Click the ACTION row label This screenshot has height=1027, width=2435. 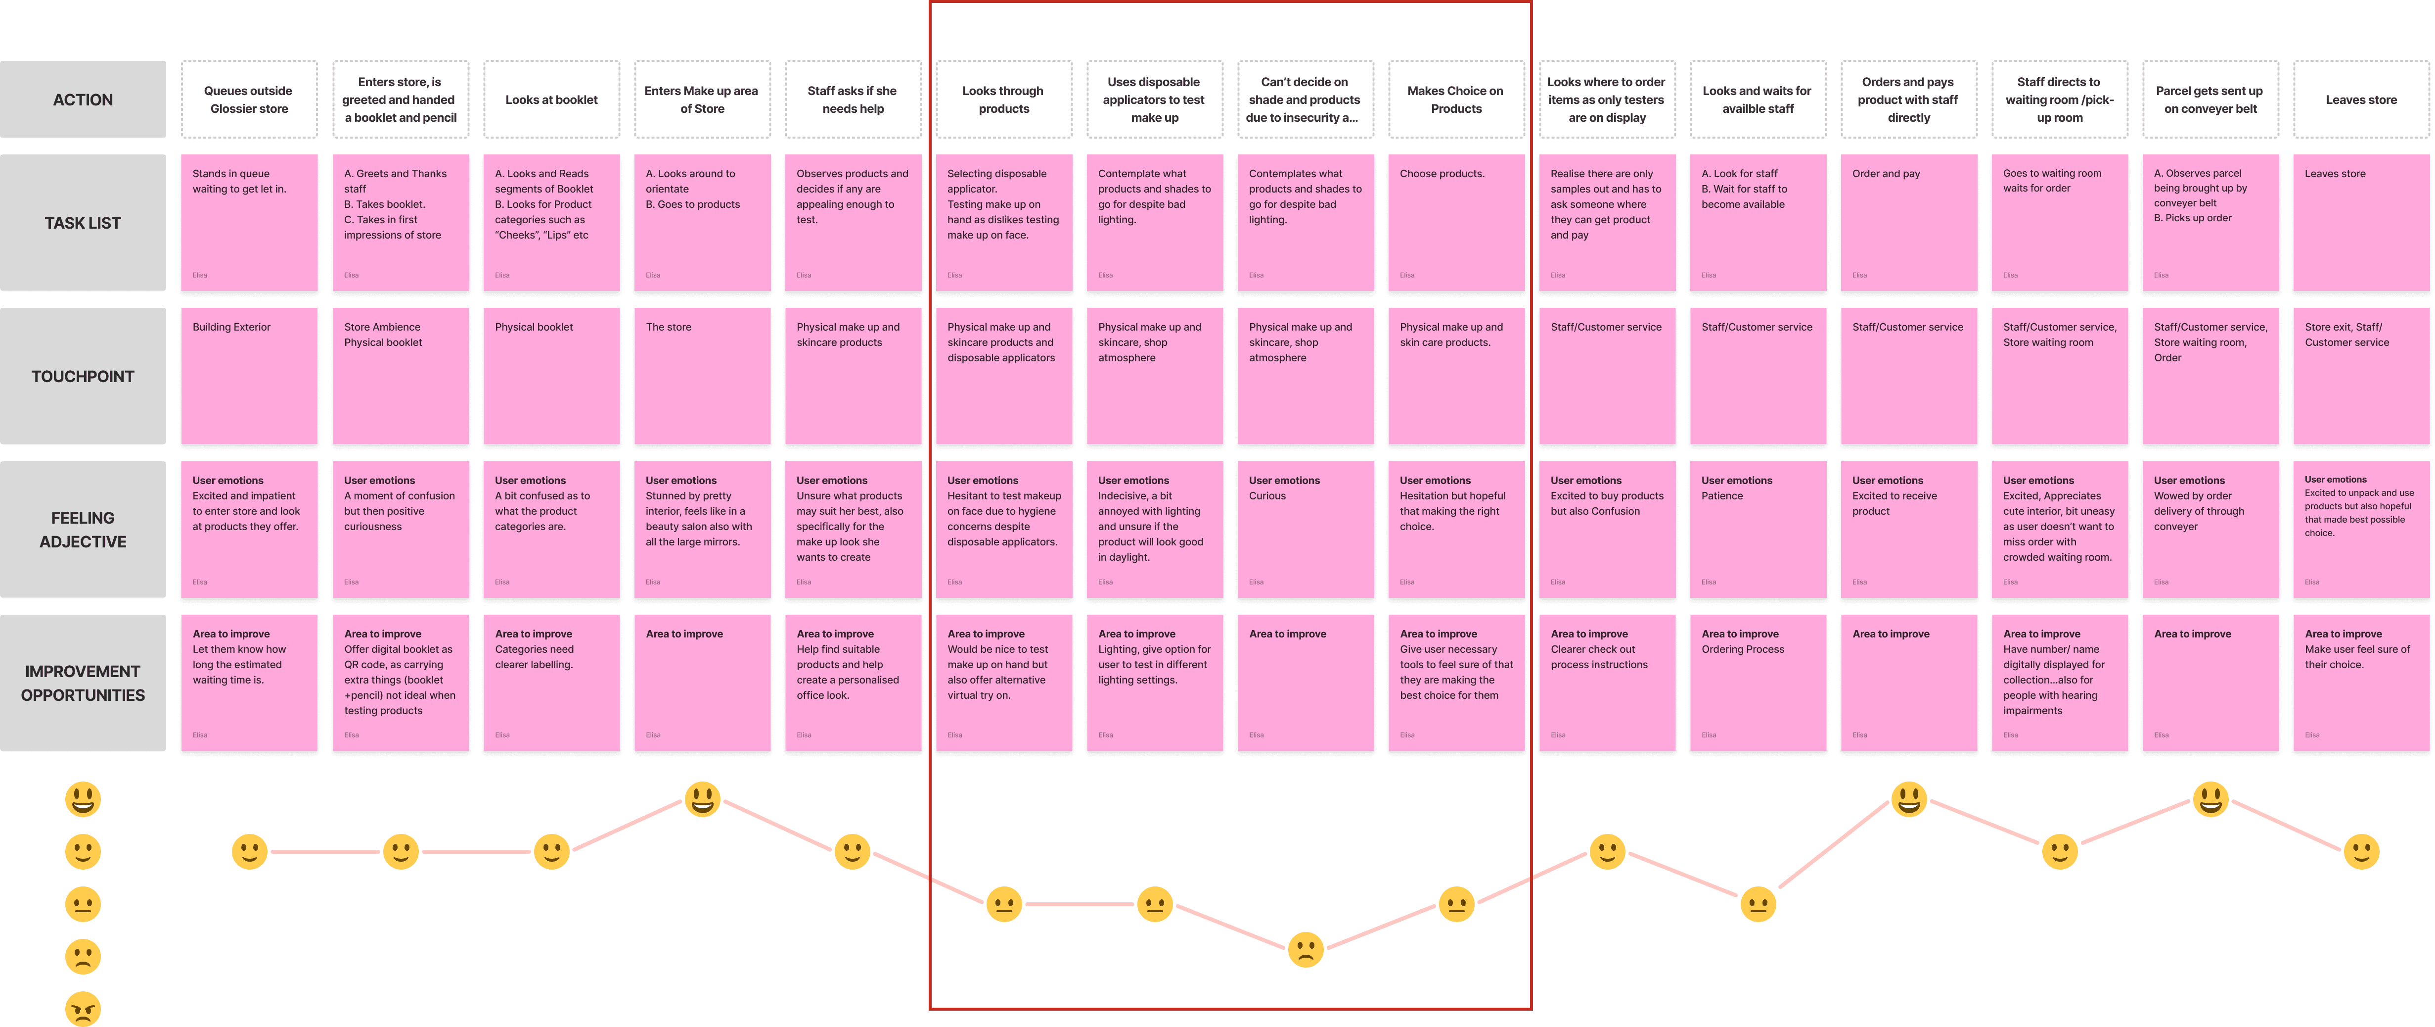tap(83, 99)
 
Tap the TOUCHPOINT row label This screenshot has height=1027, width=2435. tap(83, 376)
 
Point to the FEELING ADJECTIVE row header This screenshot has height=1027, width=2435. tap(83, 530)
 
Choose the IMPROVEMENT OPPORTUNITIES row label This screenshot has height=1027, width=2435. tap(83, 683)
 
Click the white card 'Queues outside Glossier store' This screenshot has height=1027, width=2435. tap(249, 99)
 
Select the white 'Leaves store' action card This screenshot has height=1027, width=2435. tap(2360, 99)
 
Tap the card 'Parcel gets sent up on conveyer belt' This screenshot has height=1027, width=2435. tap(2209, 99)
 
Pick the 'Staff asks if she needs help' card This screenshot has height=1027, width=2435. tap(853, 99)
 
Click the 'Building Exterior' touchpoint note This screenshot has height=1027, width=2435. tap(249, 376)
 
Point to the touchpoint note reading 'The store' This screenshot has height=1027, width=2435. tap(701, 376)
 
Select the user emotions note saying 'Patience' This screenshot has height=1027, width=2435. tap(1757, 530)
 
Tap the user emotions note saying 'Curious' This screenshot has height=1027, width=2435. tap(1305, 530)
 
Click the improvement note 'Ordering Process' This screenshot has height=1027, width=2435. tap(1757, 683)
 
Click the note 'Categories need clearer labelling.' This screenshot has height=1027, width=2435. tap(551, 683)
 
